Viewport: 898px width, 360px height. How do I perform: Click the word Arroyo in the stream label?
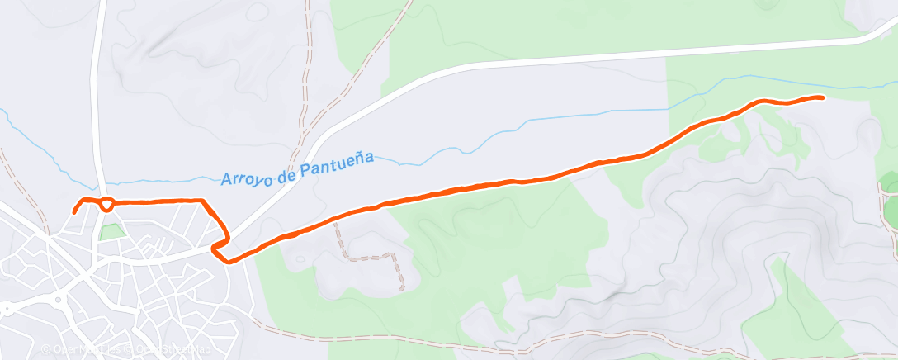click(245, 176)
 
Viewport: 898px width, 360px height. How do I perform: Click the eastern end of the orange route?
click(822, 97)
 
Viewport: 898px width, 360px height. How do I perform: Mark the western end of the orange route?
click(74, 211)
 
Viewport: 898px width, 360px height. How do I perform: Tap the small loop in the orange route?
click(106, 203)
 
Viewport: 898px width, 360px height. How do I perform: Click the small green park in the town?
click(110, 232)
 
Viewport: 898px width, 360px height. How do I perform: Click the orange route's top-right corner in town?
click(205, 201)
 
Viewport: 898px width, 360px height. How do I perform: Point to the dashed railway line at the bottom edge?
click(495, 340)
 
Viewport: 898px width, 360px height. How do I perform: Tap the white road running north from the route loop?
click(97, 99)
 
